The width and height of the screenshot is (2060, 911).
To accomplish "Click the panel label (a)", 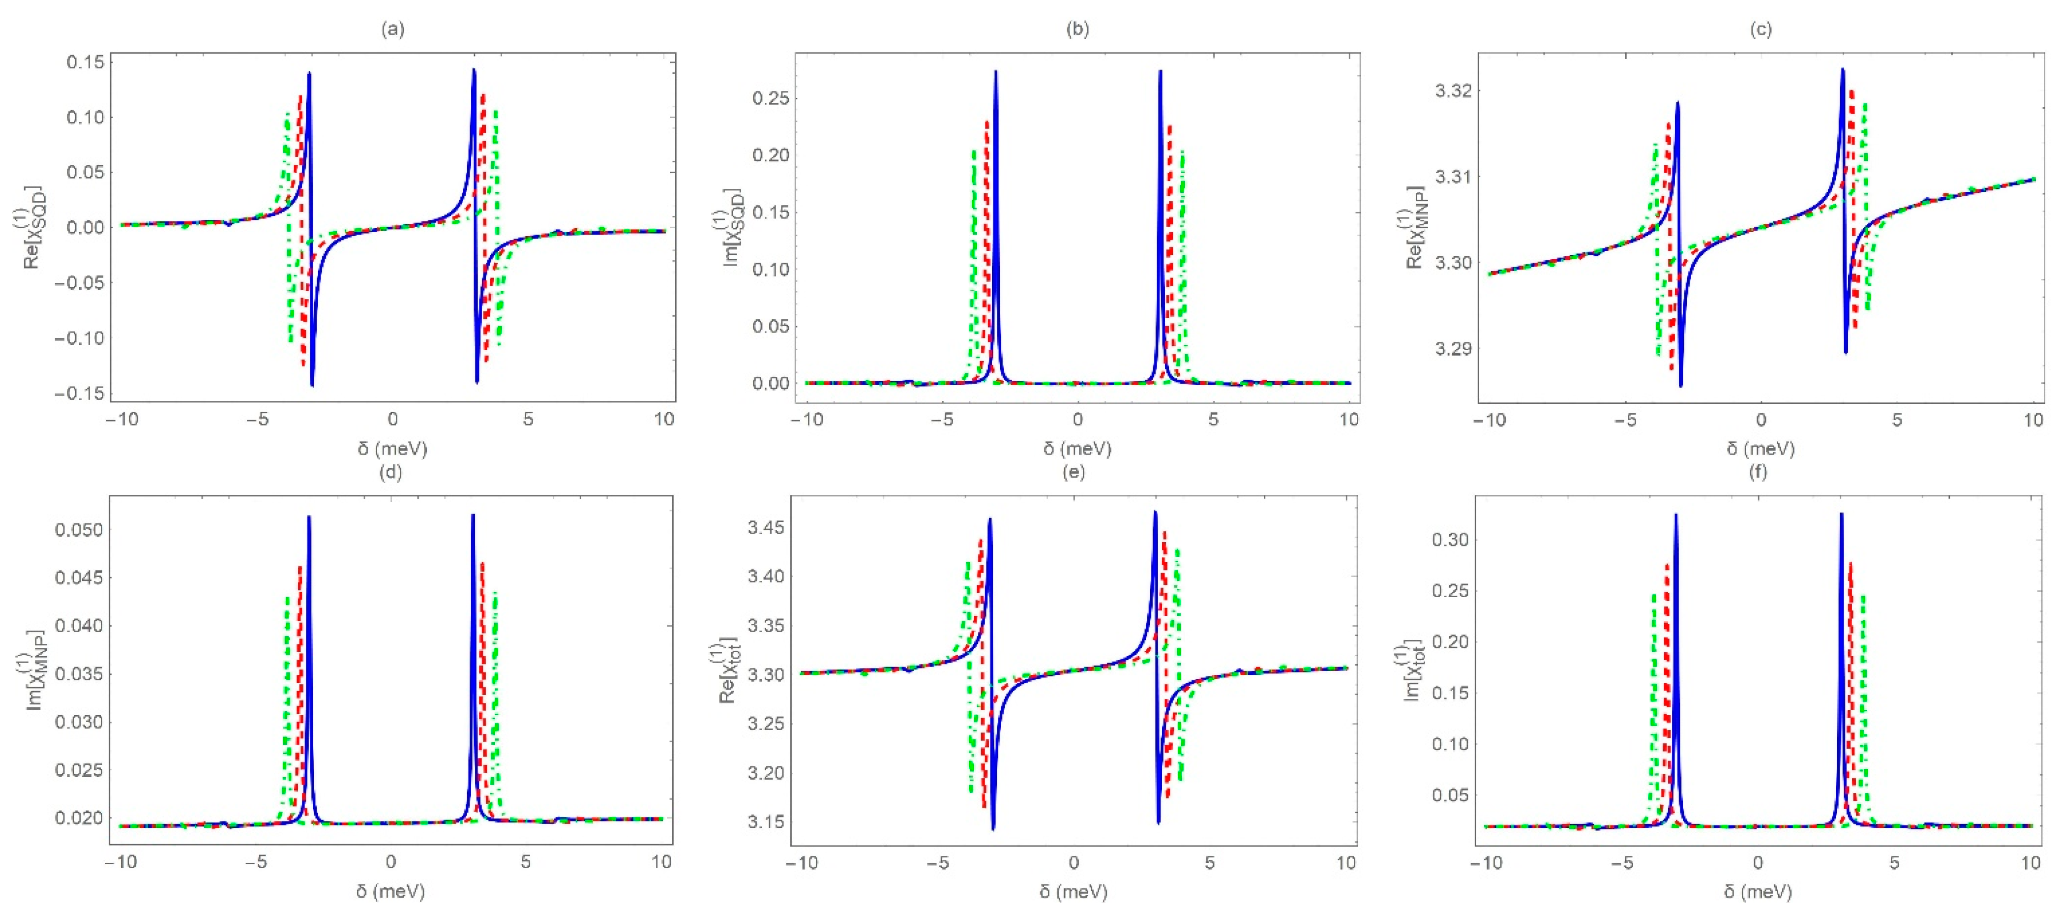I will click(x=392, y=30).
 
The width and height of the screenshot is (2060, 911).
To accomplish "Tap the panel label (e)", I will click(x=1073, y=472).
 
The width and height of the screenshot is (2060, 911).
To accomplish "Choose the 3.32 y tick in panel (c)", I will click(x=1452, y=91).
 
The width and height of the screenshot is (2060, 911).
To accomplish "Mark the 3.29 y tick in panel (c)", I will click(x=1452, y=349).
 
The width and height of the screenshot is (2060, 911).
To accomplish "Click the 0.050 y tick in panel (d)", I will click(x=78, y=529).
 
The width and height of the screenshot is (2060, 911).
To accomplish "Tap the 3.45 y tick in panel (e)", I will click(x=765, y=528).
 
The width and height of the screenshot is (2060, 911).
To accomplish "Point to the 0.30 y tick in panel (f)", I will click(x=1450, y=540).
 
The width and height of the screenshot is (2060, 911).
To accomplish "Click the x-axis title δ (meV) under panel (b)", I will click(x=1076, y=449).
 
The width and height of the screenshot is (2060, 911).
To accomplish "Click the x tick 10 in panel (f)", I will click(x=2030, y=863).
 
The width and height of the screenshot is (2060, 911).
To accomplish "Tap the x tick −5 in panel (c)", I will click(x=1625, y=420).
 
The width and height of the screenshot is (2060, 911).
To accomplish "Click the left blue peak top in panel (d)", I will click(x=309, y=517).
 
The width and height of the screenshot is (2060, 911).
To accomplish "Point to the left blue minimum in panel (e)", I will click(x=993, y=829).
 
